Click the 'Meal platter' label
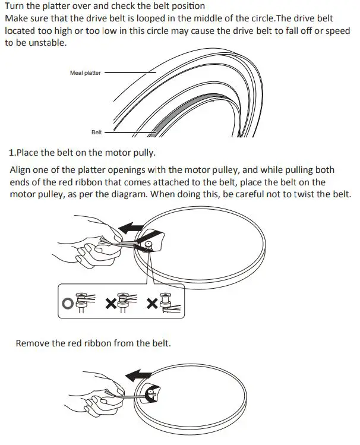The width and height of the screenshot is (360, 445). [x=86, y=73]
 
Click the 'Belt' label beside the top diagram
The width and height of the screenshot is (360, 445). [x=97, y=132]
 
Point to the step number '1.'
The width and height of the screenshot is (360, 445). [x=12, y=152]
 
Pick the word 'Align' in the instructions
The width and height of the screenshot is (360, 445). [x=21, y=169]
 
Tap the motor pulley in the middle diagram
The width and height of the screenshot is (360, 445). [x=146, y=244]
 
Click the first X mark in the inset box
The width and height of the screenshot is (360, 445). [x=110, y=304]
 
